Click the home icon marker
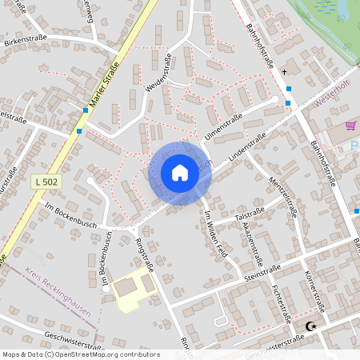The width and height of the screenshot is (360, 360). (180, 173)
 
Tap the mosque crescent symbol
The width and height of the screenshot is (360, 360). (310, 326)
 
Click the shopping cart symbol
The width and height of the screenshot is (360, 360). (350, 126)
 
